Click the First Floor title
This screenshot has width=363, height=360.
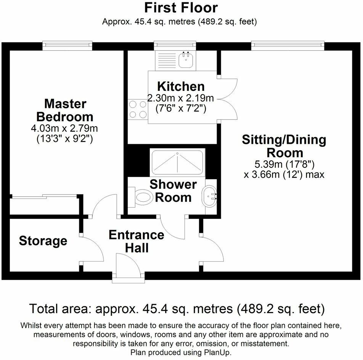[x=181, y=8]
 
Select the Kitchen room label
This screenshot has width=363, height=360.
[x=181, y=86]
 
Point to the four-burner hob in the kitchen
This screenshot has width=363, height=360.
[x=138, y=109]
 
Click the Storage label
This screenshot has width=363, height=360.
[x=43, y=241]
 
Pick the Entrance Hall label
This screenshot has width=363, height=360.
[x=137, y=241]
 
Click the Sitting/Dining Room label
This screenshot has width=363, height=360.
[x=284, y=146]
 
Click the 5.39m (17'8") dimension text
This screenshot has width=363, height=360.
[x=284, y=165]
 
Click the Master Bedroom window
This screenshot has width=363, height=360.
[x=67, y=46]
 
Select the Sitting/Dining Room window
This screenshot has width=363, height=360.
[x=288, y=46]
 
